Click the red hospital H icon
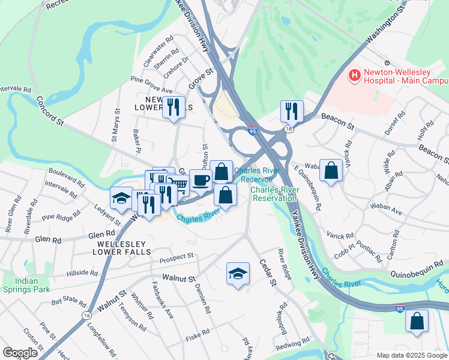coord(355,76)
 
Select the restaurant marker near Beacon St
coord(292,110)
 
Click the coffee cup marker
coord(200,179)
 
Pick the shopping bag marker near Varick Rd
coord(331,170)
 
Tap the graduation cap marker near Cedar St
coord(238,274)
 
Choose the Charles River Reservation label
coord(274,194)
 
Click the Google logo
coord(20,352)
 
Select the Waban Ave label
coord(388,211)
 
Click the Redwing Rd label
coord(292,345)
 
